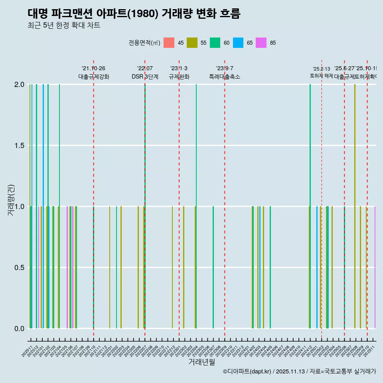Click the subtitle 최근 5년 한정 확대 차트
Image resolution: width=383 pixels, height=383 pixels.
tap(64, 26)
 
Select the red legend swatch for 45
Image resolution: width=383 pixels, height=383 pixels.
tap(169, 43)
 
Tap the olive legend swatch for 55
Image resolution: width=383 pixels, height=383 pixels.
tap(192, 43)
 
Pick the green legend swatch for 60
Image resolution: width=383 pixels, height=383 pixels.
tap(215, 43)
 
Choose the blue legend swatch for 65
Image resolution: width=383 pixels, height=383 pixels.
tap(239, 43)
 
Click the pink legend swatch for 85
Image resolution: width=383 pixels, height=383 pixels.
tap(262, 43)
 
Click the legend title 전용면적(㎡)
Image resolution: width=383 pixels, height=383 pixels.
tap(144, 43)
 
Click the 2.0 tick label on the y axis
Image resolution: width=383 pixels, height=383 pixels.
tap(19, 85)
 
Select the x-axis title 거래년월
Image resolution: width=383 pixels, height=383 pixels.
tap(201, 362)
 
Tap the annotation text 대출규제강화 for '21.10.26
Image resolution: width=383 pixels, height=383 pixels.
tap(93, 77)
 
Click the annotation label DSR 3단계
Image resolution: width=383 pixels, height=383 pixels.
tap(145, 77)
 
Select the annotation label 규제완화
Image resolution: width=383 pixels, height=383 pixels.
tap(179, 77)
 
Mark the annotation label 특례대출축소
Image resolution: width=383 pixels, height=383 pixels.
tap(225, 77)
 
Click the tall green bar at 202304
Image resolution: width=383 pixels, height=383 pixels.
tap(196, 199)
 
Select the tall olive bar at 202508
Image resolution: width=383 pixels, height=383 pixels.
tap(355, 199)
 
